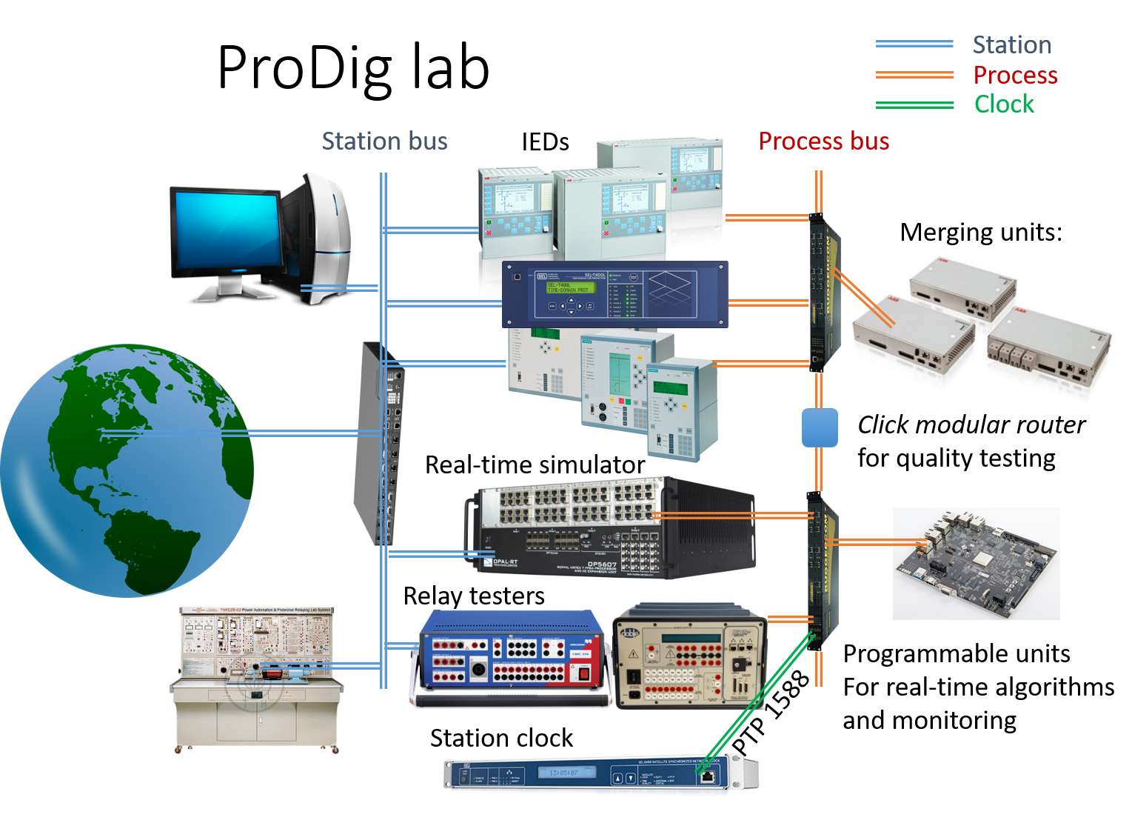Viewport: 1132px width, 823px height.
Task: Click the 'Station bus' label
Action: click(384, 141)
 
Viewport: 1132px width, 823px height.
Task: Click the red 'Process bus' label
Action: click(823, 141)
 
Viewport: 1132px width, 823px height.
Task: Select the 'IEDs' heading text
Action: click(545, 141)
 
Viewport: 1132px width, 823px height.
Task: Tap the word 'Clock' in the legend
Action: click(1003, 104)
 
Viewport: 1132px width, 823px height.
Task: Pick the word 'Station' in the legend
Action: click(1011, 45)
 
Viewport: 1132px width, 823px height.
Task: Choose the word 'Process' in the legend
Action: click(1015, 75)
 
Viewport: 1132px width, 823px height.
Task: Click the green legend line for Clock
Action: click(914, 105)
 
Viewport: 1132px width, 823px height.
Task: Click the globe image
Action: click(126, 470)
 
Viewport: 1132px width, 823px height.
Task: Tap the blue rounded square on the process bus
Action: click(820, 427)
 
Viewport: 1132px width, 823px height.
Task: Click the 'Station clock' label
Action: click(501, 738)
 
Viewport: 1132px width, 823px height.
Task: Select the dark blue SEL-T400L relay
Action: click(614, 294)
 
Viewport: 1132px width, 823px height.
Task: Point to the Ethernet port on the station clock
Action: click(707, 776)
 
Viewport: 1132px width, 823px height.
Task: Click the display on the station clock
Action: click(560, 773)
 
